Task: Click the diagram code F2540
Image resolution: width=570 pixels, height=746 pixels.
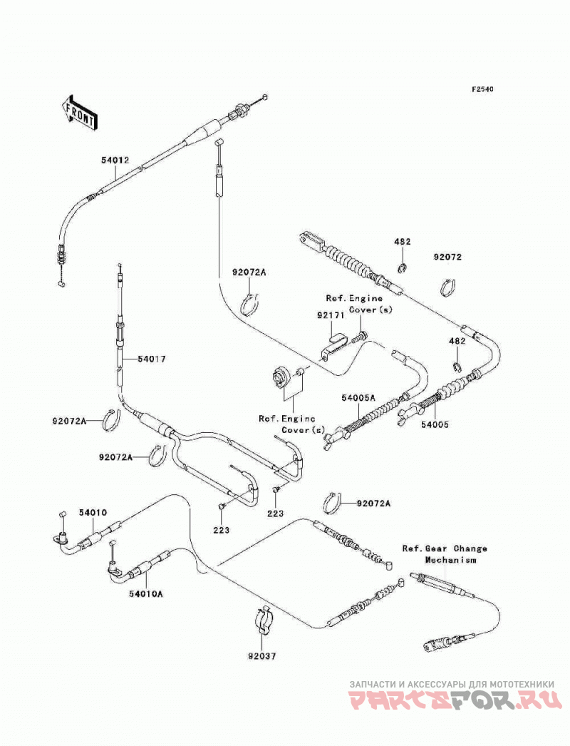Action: click(x=482, y=89)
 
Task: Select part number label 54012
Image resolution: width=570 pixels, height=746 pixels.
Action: click(x=115, y=160)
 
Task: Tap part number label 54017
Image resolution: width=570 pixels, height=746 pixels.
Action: click(x=152, y=359)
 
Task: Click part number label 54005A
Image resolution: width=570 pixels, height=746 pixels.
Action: click(x=358, y=397)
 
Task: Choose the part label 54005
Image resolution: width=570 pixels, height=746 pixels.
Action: click(x=434, y=424)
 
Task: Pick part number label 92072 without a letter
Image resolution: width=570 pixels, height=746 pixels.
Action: click(x=447, y=257)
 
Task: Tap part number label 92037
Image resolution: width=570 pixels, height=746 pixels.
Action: click(x=261, y=656)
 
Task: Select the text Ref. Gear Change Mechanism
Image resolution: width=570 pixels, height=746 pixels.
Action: click(x=445, y=554)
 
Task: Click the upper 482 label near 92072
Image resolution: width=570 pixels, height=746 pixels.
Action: click(x=402, y=242)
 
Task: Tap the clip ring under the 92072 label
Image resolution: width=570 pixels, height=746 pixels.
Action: click(x=448, y=288)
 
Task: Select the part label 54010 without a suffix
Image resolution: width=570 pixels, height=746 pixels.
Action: click(x=93, y=512)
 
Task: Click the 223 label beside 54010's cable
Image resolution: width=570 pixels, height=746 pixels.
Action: click(x=221, y=530)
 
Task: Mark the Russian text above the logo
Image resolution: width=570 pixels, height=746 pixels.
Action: click(x=452, y=684)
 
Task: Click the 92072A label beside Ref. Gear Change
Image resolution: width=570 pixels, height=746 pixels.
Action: click(x=373, y=504)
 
